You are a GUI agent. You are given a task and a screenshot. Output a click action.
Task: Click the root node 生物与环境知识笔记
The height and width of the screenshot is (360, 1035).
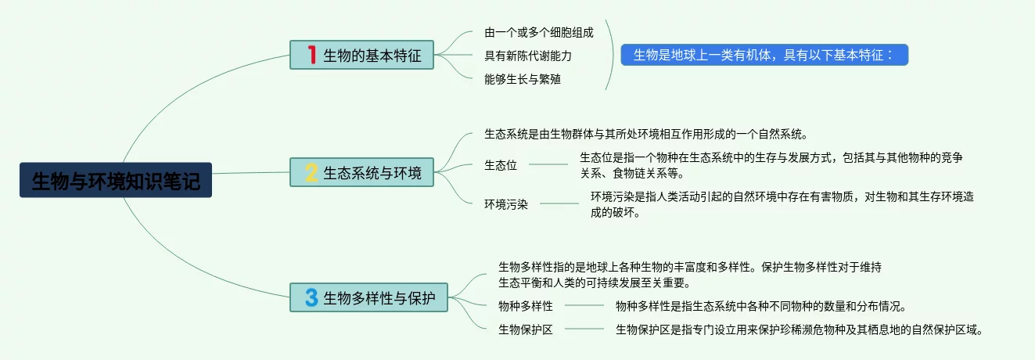click(116, 180)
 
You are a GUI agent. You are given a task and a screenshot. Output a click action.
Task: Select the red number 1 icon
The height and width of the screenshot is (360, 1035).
click(311, 55)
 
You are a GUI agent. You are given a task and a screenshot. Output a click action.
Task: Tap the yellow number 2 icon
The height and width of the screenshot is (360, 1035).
click(311, 172)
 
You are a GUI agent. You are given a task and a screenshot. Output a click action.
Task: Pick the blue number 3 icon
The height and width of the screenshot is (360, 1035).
click(311, 297)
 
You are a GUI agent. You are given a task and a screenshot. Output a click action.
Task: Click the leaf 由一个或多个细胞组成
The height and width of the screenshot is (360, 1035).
click(538, 32)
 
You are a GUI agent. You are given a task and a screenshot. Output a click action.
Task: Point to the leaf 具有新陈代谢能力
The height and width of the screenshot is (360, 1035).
click(528, 56)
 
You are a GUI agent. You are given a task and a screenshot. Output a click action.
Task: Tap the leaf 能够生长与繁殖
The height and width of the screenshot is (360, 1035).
click(522, 78)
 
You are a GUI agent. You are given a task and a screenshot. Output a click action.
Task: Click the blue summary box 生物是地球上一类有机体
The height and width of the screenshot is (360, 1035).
click(764, 55)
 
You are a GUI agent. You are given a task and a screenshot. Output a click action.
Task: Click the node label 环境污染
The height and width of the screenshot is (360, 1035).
click(506, 204)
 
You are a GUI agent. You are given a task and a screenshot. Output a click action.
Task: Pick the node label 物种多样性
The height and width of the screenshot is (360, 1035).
click(525, 305)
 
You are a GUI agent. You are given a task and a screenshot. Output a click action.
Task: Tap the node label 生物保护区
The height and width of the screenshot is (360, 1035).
click(525, 329)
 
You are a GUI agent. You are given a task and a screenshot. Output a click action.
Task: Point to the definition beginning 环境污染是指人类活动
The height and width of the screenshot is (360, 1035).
click(782, 204)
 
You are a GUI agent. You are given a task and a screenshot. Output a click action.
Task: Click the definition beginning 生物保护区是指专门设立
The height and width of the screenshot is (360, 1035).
click(798, 329)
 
